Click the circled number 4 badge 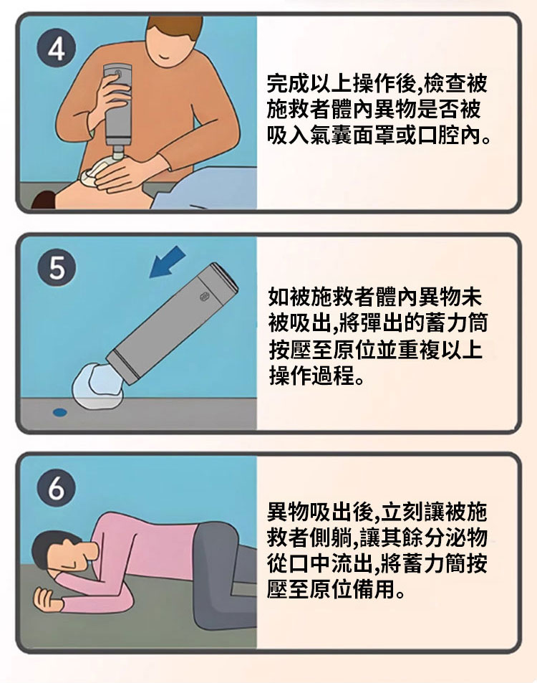56,47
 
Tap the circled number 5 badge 56,267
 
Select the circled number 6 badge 56,487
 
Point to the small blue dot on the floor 59,411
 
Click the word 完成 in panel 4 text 288,83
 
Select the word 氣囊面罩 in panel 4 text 352,136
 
